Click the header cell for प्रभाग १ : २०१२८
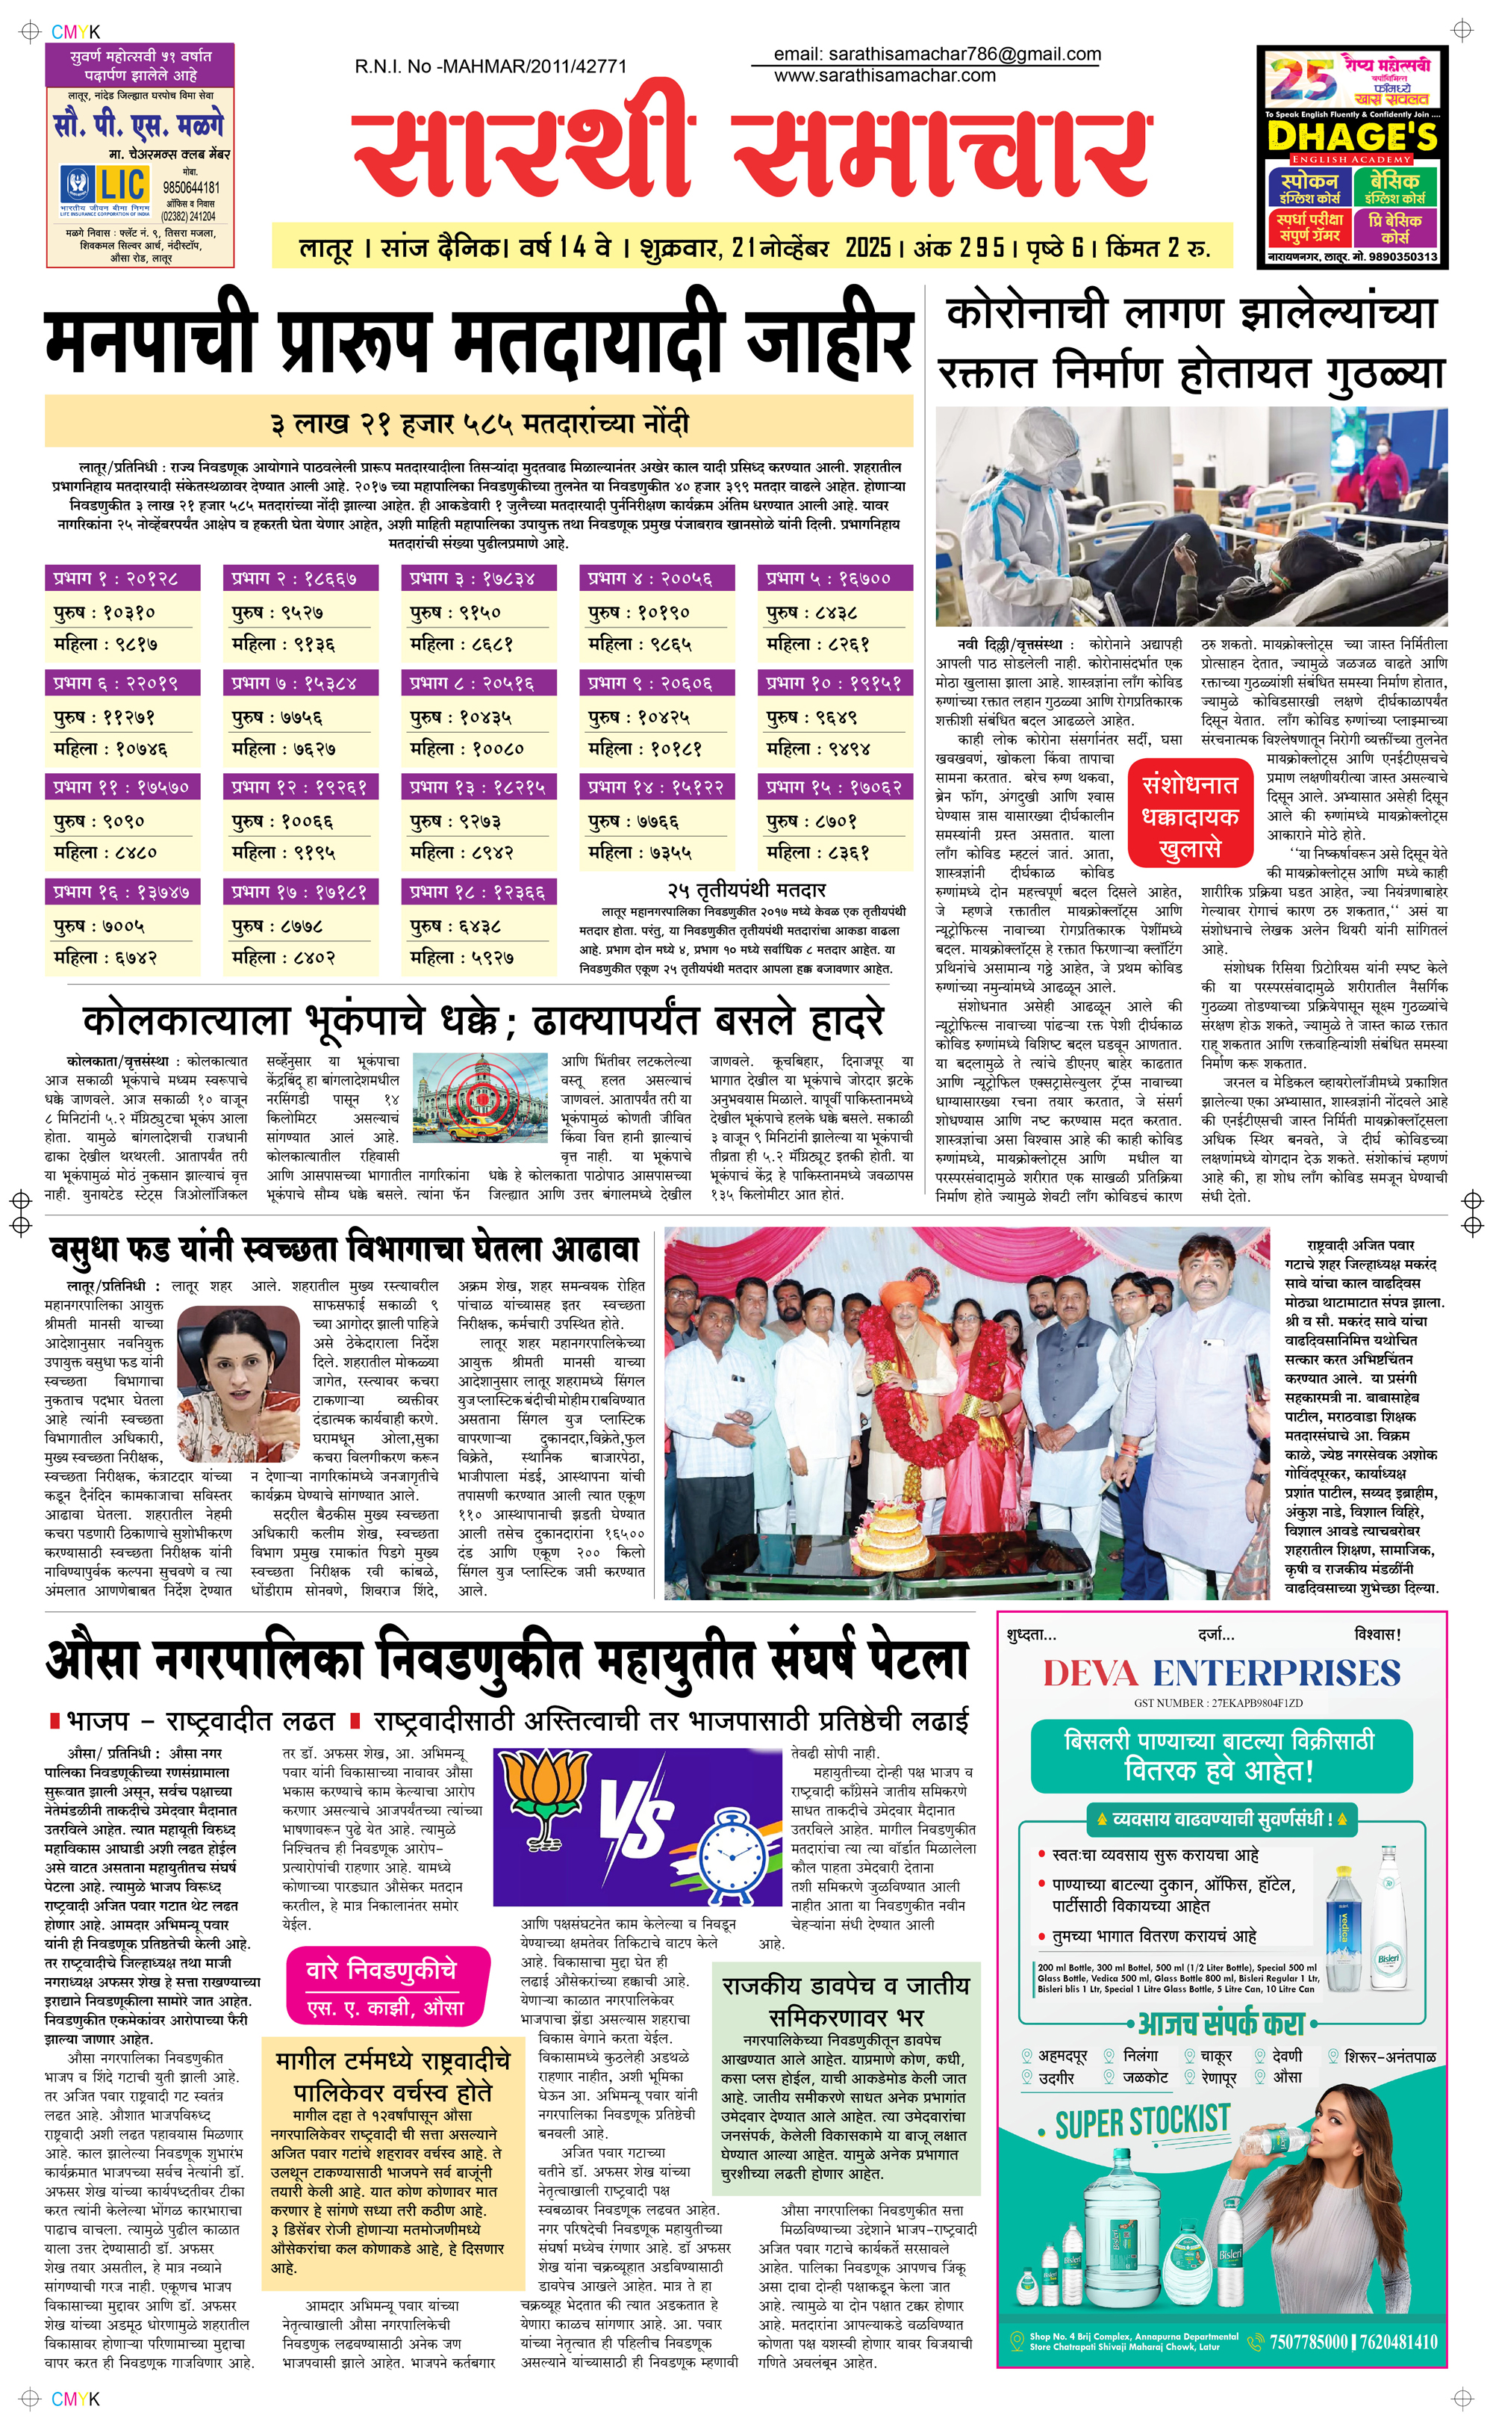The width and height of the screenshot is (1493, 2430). pyautogui.click(x=122, y=578)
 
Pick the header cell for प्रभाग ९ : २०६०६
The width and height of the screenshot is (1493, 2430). pyautogui.click(x=657, y=683)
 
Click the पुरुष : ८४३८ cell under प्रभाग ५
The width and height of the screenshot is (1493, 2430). pyautogui.click(x=835, y=613)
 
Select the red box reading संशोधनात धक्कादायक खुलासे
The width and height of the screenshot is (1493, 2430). pyautogui.click(x=1190, y=816)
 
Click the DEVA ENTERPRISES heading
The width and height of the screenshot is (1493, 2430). pyautogui.click(x=1221, y=1673)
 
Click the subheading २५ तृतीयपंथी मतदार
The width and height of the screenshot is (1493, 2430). pyautogui.click(x=746, y=890)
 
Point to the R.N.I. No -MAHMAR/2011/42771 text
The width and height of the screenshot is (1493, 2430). pyautogui.click(x=490, y=66)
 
